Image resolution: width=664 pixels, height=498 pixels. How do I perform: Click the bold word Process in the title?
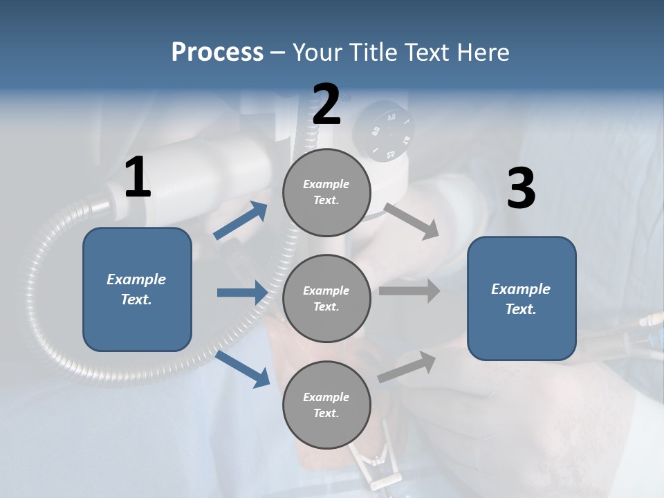coord(217,53)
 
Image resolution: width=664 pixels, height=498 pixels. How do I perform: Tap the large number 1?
coord(138,178)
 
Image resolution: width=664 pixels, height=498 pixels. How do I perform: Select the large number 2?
coord(326,105)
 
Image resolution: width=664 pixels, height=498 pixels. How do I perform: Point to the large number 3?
coord(521,189)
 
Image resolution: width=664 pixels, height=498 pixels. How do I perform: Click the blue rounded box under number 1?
coord(137,289)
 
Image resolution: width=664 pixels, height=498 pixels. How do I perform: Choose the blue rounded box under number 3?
coord(522,299)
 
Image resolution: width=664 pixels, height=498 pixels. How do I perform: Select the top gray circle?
coord(326,192)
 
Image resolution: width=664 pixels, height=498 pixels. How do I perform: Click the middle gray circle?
coord(326,298)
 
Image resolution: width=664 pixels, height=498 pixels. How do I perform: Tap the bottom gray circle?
coord(326,405)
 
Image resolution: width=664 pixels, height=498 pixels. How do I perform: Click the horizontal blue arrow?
coord(242,293)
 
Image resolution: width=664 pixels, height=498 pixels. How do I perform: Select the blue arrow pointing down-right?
coord(242,369)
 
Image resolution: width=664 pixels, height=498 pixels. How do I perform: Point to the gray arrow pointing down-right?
coord(411,221)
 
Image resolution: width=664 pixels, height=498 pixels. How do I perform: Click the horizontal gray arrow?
coord(409,290)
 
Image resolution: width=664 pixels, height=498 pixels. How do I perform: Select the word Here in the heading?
coord(483,53)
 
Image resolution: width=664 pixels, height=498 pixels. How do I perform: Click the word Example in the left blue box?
coord(136,279)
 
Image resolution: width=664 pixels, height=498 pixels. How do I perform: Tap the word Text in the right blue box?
coord(521,309)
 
